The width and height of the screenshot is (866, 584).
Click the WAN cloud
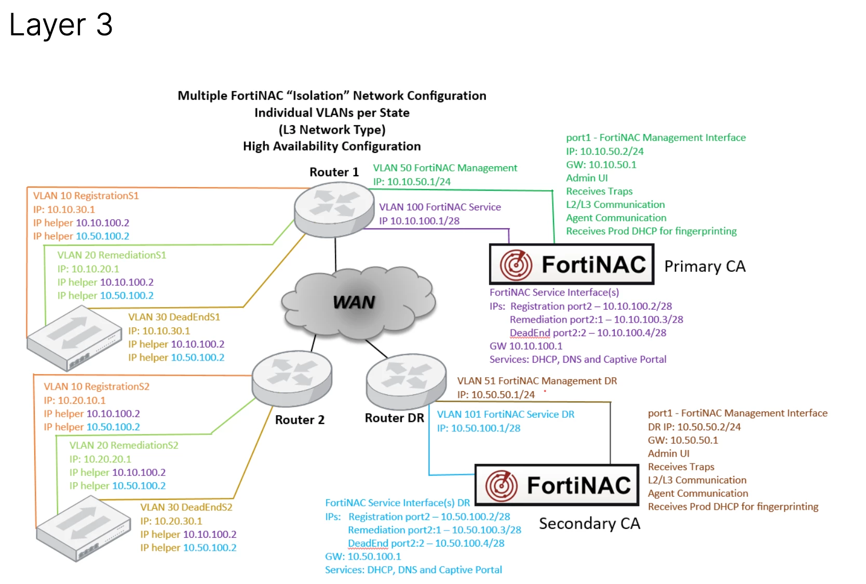(358, 302)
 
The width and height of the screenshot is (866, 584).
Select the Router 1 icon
(334, 209)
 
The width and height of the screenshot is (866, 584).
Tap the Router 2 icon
(292, 378)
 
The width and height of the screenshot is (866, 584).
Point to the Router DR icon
(407, 381)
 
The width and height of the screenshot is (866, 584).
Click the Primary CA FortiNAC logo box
(572, 264)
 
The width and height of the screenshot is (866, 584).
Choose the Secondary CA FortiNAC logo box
(557, 485)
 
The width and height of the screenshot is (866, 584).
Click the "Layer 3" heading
(61, 25)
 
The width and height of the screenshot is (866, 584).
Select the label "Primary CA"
(705, 266)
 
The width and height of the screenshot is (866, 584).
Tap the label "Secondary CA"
(590, 524)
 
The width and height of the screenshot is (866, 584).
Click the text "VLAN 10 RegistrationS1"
(86, 196)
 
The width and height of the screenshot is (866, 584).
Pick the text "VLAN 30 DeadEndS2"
(186, 508)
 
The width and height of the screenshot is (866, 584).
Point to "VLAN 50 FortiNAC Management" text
(445, 168)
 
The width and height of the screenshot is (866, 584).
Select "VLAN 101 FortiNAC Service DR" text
(506, 415)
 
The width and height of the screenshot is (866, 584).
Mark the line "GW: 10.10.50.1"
(601, 165)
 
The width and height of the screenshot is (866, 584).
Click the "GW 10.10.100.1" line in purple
(526, 346)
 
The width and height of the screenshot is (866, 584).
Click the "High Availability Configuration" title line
(332, 147)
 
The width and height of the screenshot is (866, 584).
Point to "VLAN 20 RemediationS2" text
(124, 445)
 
